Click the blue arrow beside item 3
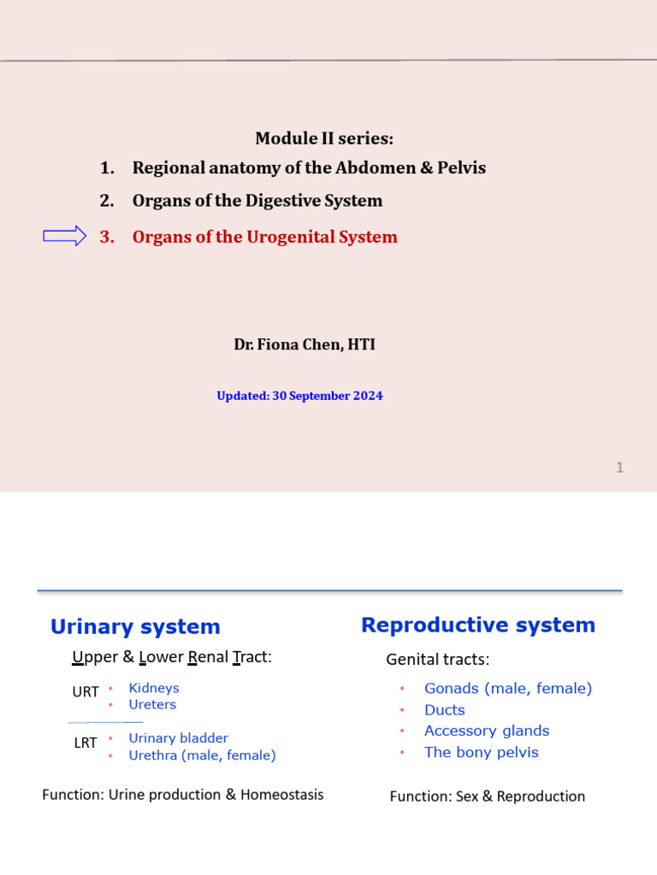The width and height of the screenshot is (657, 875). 65,237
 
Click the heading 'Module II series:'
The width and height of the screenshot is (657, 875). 325,138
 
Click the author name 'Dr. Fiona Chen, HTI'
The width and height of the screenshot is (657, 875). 305,344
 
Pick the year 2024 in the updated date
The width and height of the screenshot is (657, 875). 368,396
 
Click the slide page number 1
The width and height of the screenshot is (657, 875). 619,467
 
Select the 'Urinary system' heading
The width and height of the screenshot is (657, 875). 135,626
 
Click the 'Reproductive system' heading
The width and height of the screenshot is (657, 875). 478,625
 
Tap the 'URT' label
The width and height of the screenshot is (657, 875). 86,692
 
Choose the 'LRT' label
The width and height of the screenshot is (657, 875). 86,743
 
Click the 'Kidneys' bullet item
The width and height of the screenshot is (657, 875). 154,688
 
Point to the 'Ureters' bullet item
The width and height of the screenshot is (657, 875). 152,704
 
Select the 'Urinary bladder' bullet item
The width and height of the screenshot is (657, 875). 178,738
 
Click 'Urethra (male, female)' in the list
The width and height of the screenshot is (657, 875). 202,755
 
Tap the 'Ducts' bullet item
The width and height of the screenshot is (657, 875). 445,710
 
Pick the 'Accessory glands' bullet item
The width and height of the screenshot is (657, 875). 487,731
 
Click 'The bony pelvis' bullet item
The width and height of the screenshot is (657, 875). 481,753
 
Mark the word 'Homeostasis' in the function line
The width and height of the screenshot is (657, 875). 281,795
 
